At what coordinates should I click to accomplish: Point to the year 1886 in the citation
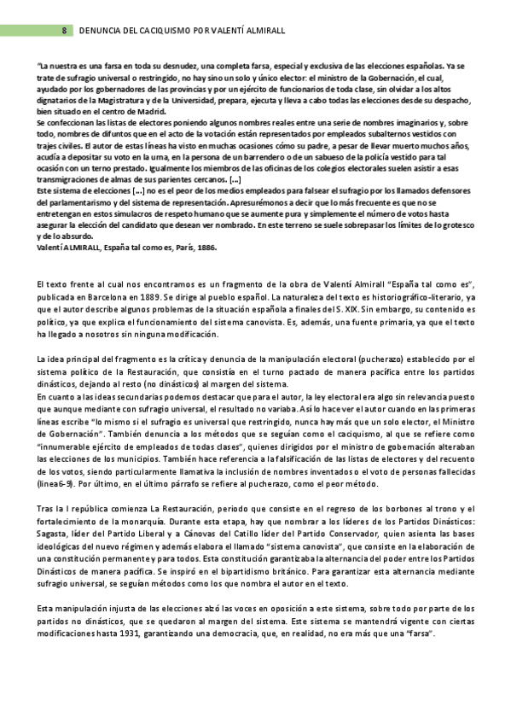[206, 248]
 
